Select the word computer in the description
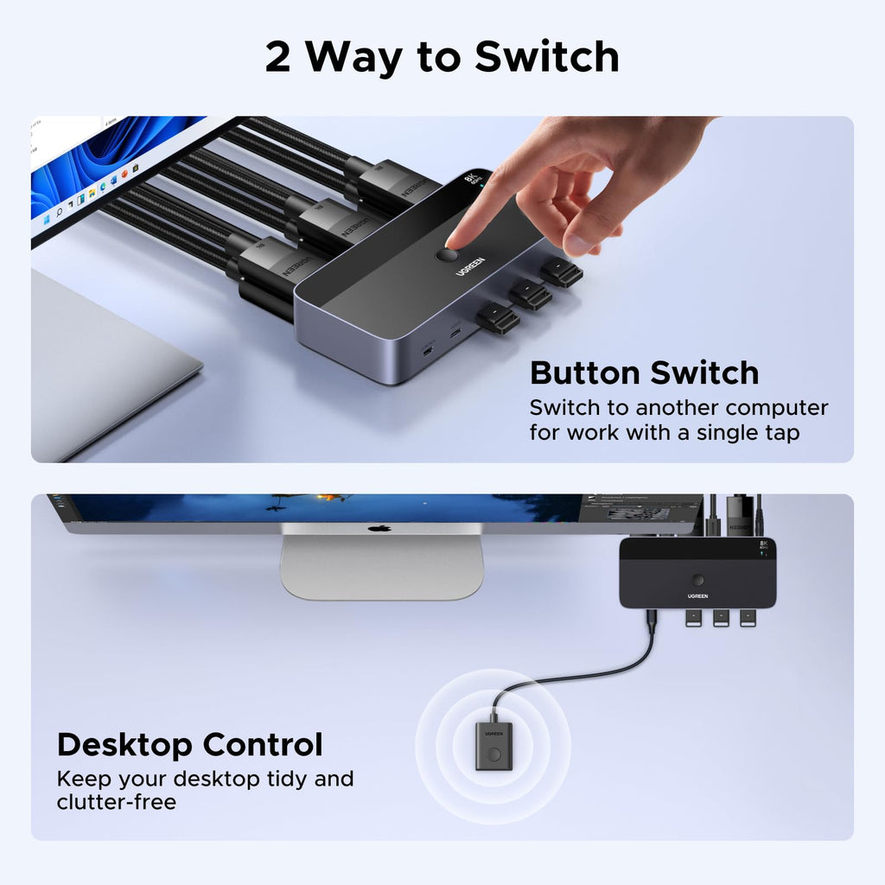(x=776, y=407)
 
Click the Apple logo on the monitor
(x=379, y=528)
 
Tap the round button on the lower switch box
(x=698, y=581)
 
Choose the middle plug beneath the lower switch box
(x=721, y=618)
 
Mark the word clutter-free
(x=116, y=802)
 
